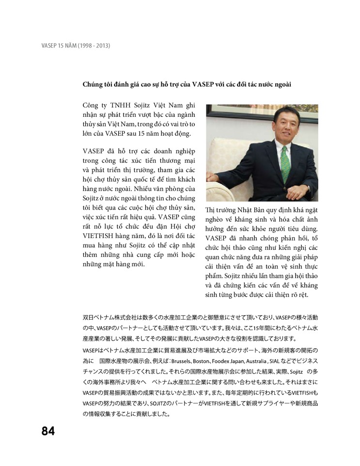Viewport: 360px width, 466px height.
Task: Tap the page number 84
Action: point(48,431)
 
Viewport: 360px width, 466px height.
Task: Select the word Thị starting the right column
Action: point(211,209)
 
